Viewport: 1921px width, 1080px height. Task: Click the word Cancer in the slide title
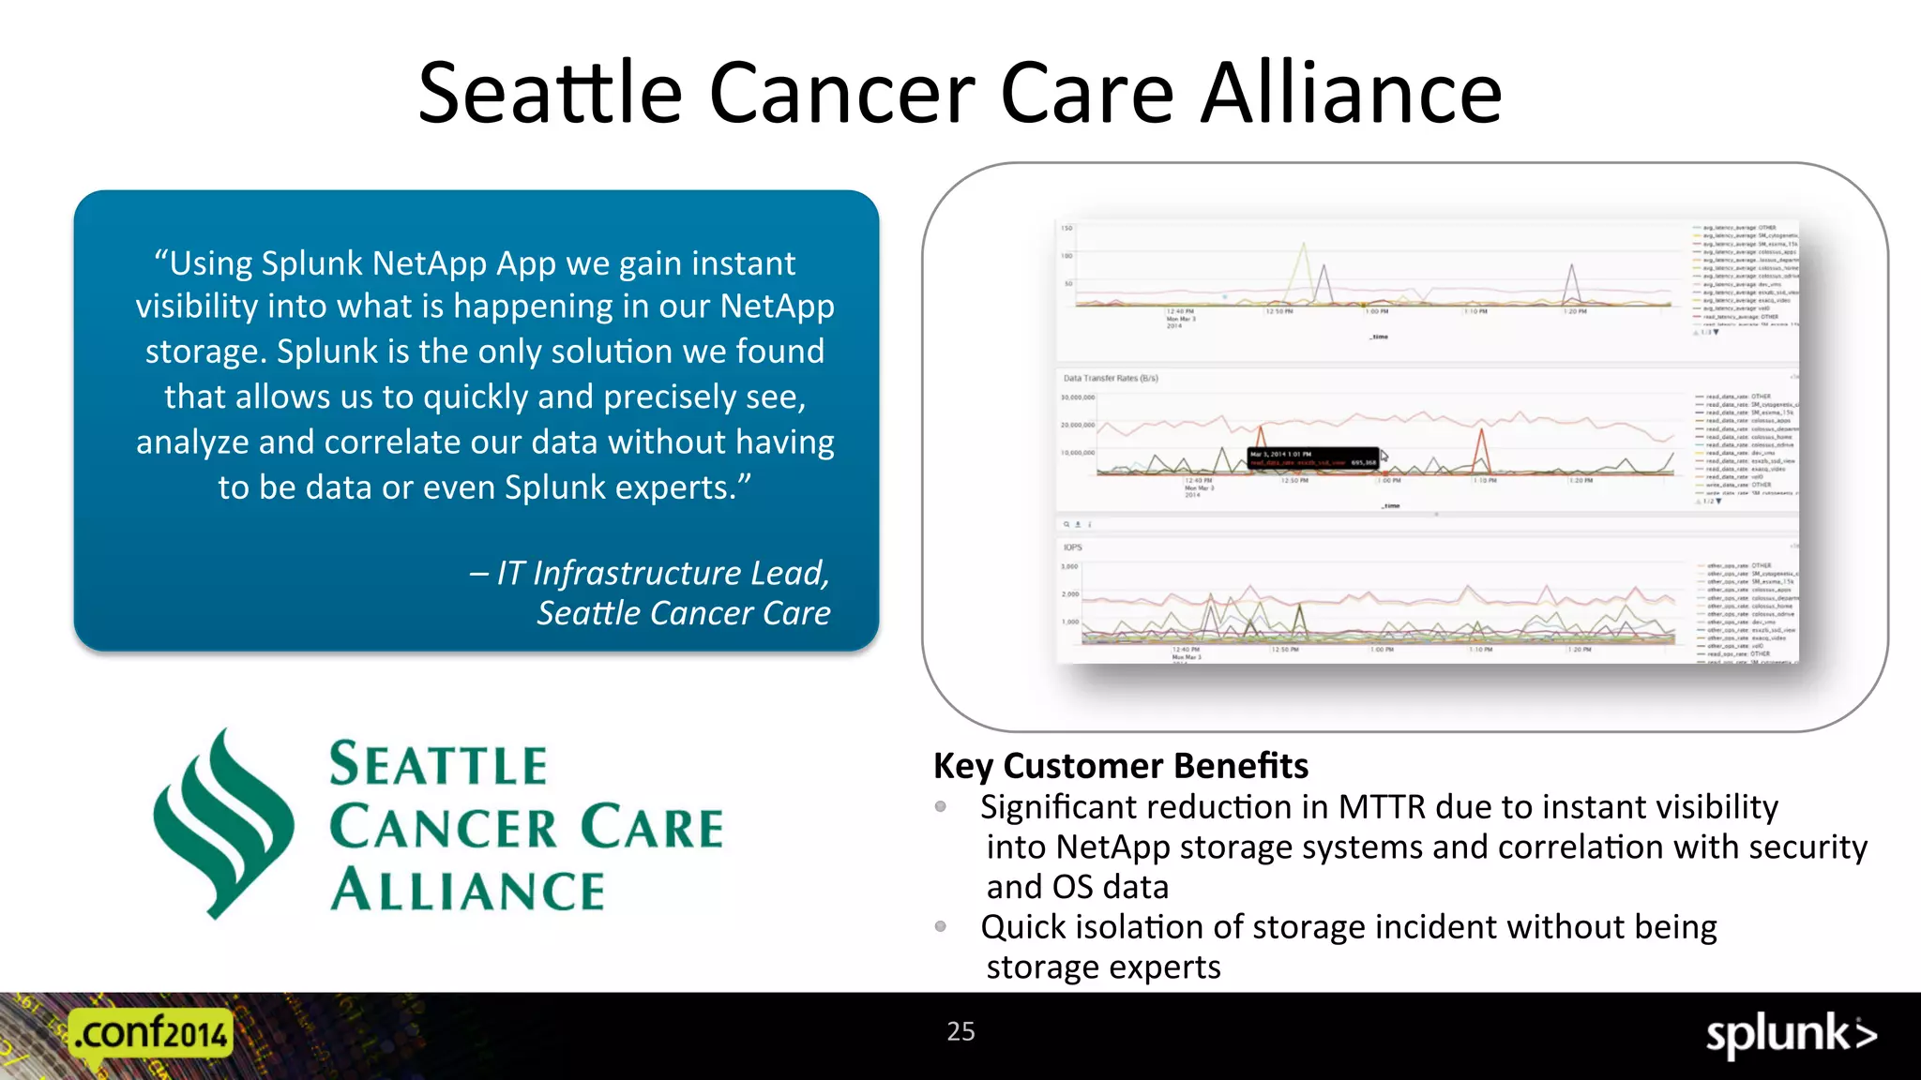(x=842, y=93)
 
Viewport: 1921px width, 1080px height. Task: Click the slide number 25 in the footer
(x=960, y=1031)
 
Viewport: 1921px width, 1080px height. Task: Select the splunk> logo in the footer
(x=1790, y=1035)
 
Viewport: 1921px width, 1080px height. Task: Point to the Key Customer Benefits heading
(x=1120, y=766)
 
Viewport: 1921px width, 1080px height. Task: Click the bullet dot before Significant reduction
(x=941, y=806)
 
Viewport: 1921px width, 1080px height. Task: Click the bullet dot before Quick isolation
(x=941, y=926)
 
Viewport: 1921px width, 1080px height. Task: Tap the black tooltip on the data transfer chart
(x=1313, y=457)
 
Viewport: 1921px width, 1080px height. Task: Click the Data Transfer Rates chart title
(x=1111, y=379)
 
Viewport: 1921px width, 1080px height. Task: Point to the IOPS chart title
(x=1072, y=547)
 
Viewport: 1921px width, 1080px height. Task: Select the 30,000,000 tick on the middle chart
(x=1077, y=397)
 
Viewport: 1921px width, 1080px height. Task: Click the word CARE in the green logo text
(x=652, y=827)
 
